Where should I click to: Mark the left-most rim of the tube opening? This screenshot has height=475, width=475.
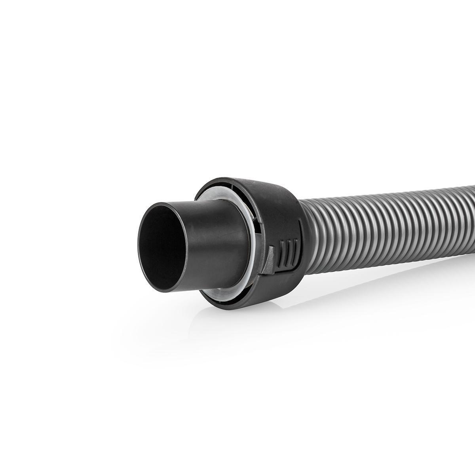tap(139, 245)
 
